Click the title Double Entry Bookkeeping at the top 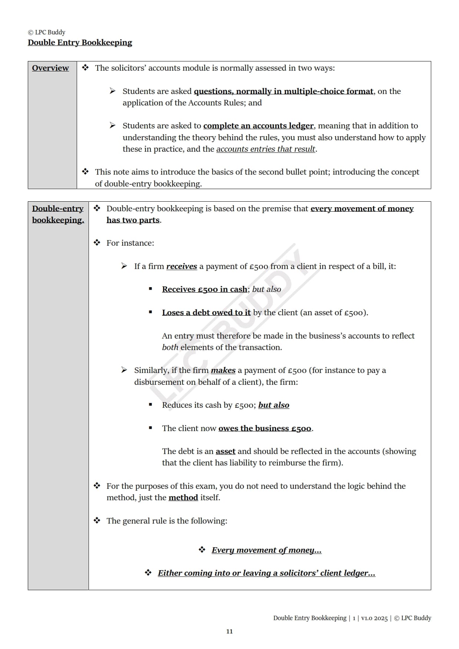click(x=80, y=43)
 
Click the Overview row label click(x=50, y=68)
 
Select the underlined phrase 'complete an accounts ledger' click(x=258, y=126)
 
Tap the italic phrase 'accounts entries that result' click(x=266, y=149)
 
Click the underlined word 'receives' click(x=182, y=266)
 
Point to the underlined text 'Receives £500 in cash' click(x=204, y=289)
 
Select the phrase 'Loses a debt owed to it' click(x=206, y=313)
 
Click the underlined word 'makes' click(x=223, y=370)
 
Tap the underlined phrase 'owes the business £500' click(x=265, y=428)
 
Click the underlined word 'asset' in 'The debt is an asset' click(x=225, y=451)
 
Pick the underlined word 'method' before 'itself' click(x=183, y=498)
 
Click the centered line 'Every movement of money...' click(x=266, y=550)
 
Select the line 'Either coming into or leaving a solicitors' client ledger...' click(x=266, y=573)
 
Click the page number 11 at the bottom click(x=229, y=631)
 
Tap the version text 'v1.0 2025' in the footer click(x=374, y=618)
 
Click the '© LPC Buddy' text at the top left click(x=47, y=32)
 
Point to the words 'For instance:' click(x=130, y=243)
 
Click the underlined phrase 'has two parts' click(x=133, y=220)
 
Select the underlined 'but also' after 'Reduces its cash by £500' click(x=273, y=405)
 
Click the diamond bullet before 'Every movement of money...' click(x=202, y=550)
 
